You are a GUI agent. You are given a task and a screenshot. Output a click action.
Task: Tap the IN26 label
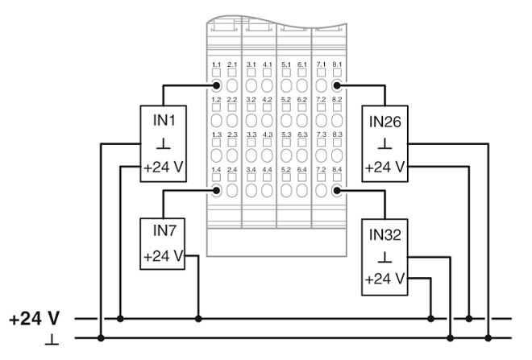point(384,121)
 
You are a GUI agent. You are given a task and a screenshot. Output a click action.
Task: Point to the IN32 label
point(384,234)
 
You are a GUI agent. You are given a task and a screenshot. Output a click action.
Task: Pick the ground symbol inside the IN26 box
point(384,145)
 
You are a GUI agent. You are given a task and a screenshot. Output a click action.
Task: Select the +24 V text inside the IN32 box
point(384,280)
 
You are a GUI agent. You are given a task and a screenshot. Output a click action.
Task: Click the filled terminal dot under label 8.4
point(337,191)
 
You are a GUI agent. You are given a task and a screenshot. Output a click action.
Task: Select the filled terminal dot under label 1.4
point(216,191)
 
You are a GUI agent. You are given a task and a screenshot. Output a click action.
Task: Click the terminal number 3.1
point(251,64)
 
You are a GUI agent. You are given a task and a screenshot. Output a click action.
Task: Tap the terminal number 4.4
point(268,169)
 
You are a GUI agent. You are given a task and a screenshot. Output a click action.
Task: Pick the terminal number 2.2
point(232,98)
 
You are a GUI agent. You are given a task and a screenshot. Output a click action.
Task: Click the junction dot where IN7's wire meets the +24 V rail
point(198,319)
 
